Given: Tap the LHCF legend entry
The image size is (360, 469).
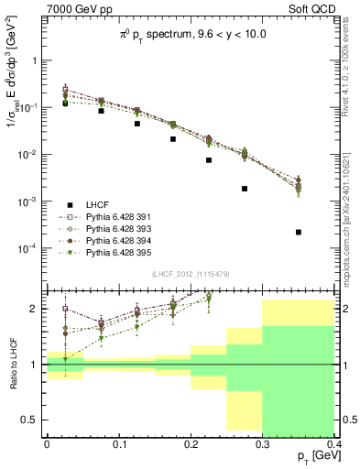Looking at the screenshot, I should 102,204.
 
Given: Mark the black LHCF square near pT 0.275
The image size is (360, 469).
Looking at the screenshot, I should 245,188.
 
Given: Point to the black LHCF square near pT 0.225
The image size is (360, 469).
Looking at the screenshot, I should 209,159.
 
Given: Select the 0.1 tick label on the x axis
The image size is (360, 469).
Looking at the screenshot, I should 118,442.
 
